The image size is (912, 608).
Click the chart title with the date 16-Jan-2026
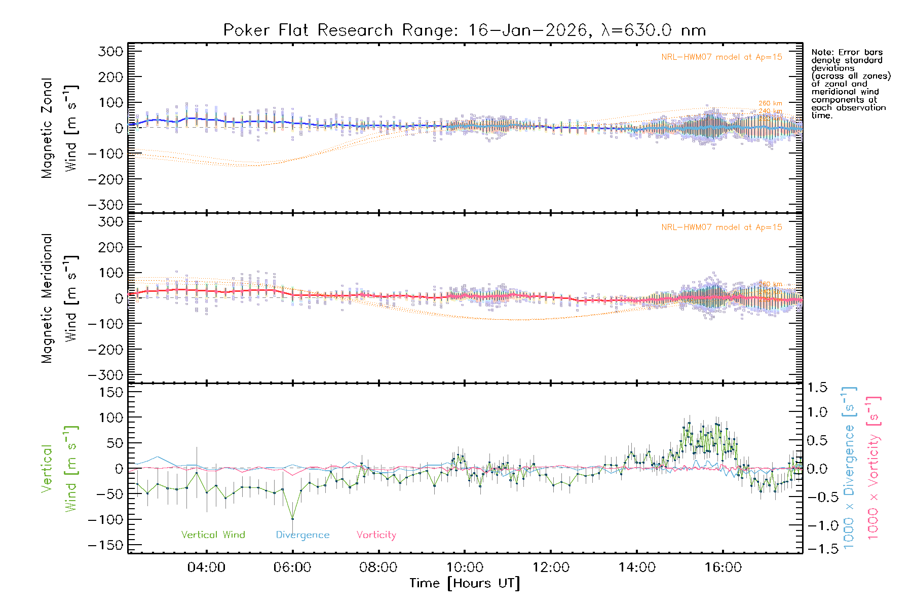464,30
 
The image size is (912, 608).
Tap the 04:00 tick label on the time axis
206,567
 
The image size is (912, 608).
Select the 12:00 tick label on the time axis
551,567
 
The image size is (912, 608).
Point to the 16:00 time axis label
723,567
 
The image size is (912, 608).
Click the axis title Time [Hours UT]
464,584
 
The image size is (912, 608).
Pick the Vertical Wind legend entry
213,535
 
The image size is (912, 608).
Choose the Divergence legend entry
302,535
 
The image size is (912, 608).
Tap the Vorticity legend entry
376,535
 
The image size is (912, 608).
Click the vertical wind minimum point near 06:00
292,518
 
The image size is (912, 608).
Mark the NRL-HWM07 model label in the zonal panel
721,57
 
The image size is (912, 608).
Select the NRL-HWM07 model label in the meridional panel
721,227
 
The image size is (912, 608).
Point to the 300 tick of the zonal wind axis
111,51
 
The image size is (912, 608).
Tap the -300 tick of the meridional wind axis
106,375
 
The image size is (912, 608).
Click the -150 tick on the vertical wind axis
106,546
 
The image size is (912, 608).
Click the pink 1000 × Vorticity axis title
873,468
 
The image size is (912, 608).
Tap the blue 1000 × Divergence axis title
849,468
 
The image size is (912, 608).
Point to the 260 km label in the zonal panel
770,103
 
